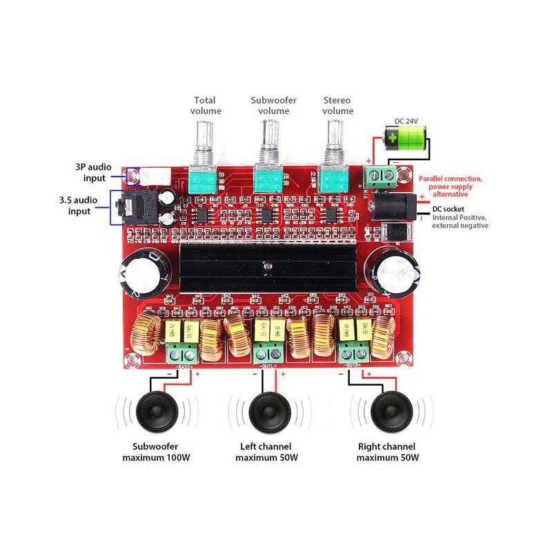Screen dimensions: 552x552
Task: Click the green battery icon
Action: click(404, 139)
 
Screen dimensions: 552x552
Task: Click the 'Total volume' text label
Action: click(207, 105)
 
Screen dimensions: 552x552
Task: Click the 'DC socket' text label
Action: click(448, 209)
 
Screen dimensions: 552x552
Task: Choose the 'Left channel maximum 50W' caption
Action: click(266, 451)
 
